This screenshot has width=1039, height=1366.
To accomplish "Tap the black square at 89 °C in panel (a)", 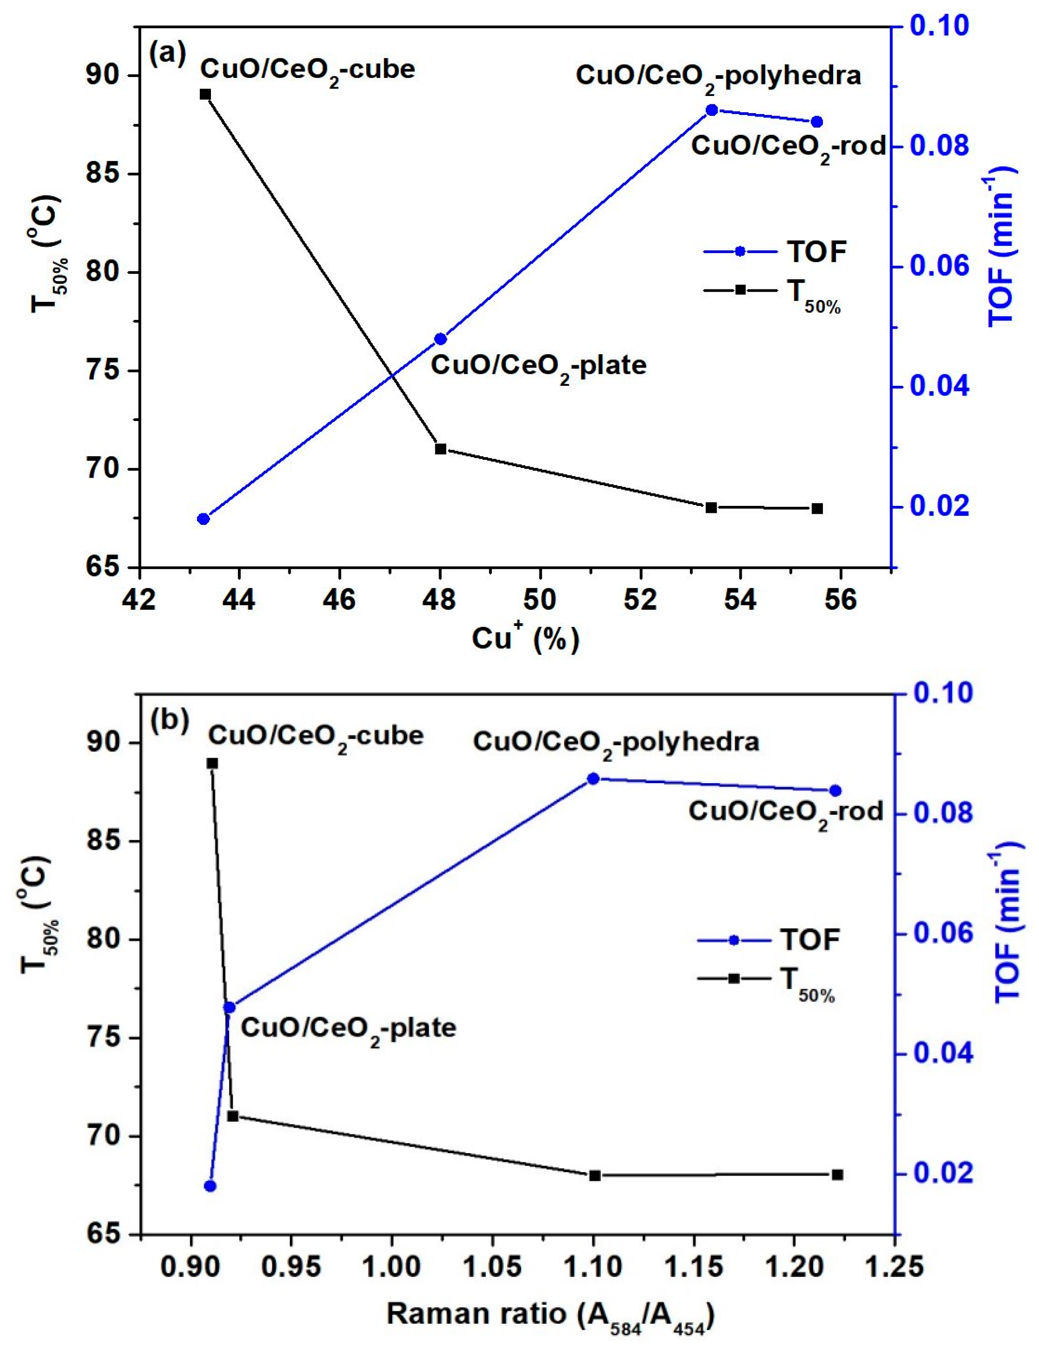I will [205, 94].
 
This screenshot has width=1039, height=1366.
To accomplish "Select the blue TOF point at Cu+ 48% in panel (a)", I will [440, 339].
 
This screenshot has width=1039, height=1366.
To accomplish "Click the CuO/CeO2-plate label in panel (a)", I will [538, 366].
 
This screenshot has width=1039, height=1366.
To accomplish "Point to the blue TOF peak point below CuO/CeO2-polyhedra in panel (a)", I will [712, 110].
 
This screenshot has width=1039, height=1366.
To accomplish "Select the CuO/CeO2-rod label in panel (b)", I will [785, 811].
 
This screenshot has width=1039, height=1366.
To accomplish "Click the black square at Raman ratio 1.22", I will [837, 1175].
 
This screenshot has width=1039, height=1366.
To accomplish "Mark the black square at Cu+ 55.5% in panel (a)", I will [817, 508].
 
